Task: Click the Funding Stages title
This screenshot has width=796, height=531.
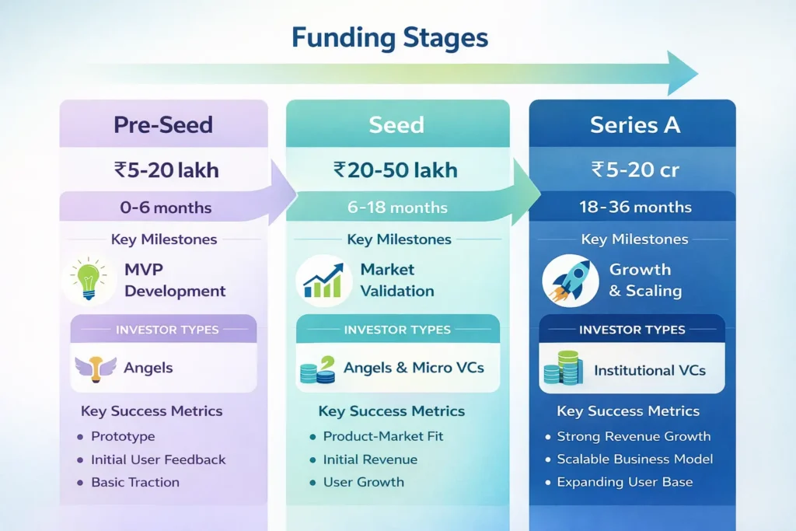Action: point(389,37)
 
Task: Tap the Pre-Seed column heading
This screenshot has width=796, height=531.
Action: point(163,125)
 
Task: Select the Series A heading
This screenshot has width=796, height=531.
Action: point(634,125)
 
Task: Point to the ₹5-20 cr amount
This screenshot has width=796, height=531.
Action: point(634,169)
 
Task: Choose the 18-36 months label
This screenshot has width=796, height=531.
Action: point(635,208)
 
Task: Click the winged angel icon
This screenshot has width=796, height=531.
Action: point(95,368)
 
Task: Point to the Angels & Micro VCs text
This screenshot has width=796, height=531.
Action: point(414,367)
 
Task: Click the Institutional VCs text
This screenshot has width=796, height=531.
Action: point(650,370)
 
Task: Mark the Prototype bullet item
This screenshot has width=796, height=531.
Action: point(123,436)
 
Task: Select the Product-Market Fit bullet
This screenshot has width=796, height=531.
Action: point(383,436)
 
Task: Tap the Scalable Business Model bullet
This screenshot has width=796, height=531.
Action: point(634,459)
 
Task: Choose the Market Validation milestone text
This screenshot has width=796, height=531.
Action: point(396,281)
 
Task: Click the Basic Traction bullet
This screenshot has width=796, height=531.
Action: point(135,482)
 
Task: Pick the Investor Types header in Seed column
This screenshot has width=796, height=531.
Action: point(397,330)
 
